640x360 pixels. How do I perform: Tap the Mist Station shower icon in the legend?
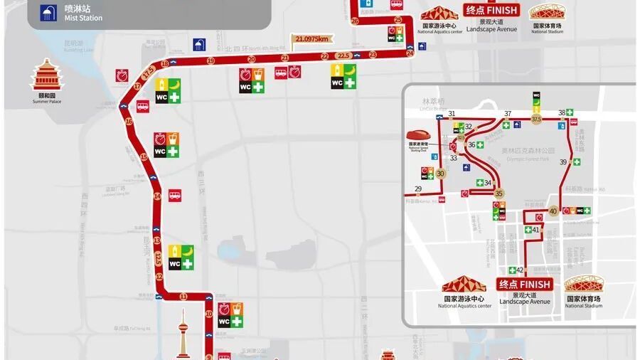tap(48, 12)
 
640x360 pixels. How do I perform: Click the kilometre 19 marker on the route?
tap(210, 61)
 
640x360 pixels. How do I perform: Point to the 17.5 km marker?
tap(149, 71)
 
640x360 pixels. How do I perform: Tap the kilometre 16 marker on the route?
tap(129, 122)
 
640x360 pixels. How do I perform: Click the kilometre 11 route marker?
tap(183, 296)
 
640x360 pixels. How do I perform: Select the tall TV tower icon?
tap(182, 334)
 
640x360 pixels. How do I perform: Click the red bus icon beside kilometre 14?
tap(174, 196)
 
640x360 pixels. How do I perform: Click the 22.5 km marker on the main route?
tap(343, 55)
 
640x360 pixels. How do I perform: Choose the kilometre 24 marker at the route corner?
tap(410, 53)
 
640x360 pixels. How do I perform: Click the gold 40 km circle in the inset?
tap(554, 211)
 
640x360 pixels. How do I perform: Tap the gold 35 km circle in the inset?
tap(499, 194)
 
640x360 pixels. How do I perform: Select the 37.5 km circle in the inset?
tap(536, 120)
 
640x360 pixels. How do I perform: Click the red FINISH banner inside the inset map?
tap(524, 284)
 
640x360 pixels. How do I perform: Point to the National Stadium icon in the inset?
tap(584, 285)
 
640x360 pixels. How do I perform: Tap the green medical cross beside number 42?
tap(511, 270)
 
